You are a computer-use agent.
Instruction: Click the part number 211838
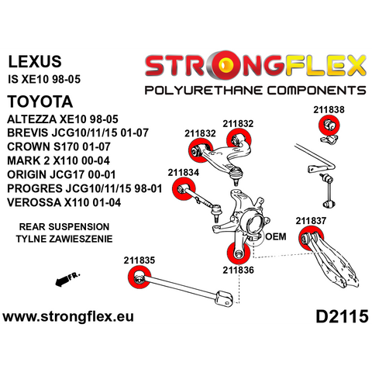coord(329,109)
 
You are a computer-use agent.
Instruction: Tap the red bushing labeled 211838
coord(329,125)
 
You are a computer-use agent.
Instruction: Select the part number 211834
coord(184,172)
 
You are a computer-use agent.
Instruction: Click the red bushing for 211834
coord(184,189)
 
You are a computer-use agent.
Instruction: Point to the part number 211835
coord(139,260)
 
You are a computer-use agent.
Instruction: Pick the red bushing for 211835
coord(139,277)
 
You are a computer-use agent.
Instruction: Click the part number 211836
coord(239,270)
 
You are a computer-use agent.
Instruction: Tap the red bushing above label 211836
coord(239,253)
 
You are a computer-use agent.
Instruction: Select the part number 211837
coord(311,221)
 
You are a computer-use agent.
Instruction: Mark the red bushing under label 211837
coord(311,238)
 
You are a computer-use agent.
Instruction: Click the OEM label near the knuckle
coord(276,236)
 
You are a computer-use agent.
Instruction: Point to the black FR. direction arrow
coord(67,279)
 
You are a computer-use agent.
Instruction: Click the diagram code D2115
coord(342,316)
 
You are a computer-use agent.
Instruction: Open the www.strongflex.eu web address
coord(68,316)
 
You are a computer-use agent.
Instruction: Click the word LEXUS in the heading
coord(35,61)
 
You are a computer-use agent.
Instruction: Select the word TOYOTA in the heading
coord(40,102)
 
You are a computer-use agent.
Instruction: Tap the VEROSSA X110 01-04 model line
coord(64,202)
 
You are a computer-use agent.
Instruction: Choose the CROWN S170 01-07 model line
coord(59,146)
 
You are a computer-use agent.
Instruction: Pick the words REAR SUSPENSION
coord(64,227)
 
